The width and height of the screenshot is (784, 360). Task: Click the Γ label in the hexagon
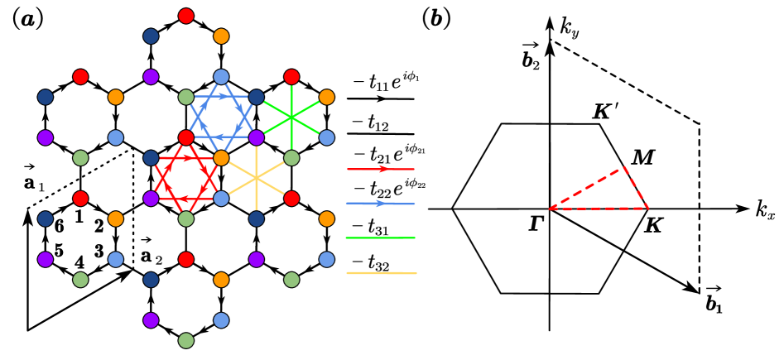[536, 224]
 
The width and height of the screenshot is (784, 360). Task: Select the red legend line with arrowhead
[380, 169]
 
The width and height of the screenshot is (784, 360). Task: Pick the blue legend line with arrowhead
[380, 203]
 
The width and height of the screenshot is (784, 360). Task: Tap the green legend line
[380, 238]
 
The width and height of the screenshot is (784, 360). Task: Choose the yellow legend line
[381, 272]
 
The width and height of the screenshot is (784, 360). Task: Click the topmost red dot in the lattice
[186, 16]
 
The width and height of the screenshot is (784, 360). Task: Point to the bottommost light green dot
[186, 340]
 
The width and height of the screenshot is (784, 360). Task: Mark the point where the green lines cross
[291, 118]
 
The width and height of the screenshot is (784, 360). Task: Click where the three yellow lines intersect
[257, 178]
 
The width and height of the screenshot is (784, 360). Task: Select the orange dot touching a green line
[327, 97]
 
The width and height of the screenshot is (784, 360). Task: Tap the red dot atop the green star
[291, 77]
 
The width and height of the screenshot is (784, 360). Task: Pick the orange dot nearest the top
[221, 36]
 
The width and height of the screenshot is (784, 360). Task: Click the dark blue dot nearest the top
[151, 36]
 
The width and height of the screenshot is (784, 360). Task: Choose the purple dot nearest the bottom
[151, 320]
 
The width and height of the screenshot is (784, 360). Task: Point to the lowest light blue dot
[221, 320]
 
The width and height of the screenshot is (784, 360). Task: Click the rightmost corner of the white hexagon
[647, 208]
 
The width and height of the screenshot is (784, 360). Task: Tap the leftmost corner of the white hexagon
[454, 209]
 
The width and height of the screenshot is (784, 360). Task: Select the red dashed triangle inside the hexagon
[613, 191]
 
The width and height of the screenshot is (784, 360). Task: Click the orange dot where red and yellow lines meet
[221, 157]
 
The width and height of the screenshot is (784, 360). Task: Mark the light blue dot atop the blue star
[221, 77]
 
